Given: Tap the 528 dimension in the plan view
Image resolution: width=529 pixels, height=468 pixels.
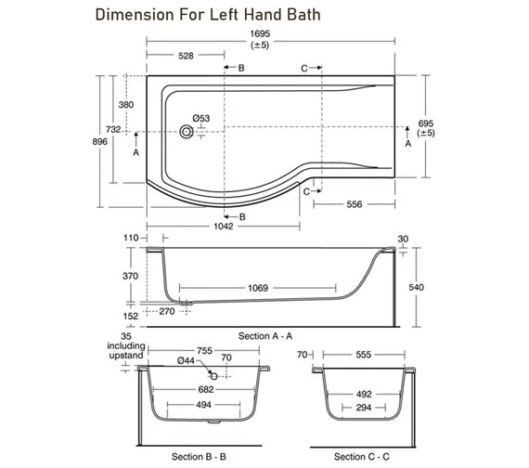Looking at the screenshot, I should click(x=186, y=57).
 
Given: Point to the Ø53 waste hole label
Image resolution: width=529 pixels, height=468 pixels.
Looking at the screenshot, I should click(x=201, y=118).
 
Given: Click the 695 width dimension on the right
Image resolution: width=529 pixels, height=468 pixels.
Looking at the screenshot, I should click(x=426, y=123).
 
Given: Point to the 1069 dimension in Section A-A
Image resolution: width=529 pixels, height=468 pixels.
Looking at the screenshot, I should click(x=258, y=288).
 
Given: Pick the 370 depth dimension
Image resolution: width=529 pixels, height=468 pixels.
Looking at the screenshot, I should click(x=129, y=277).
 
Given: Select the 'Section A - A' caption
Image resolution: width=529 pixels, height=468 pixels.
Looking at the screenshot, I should click(x=265, y=333).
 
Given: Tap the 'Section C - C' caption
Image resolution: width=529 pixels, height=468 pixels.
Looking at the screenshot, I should click(x=362, y=457).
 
